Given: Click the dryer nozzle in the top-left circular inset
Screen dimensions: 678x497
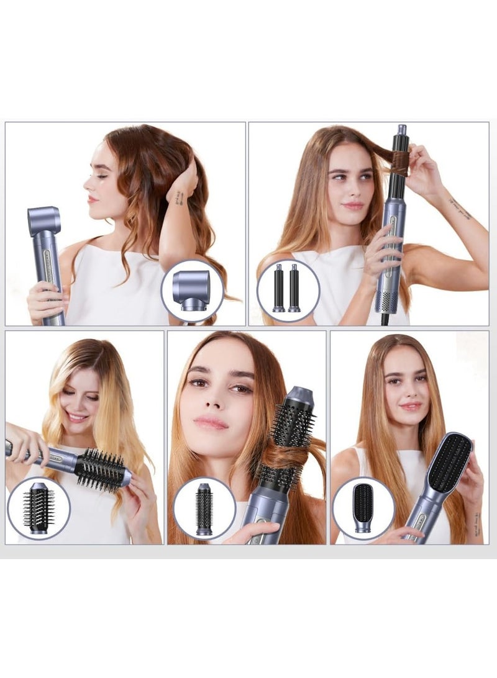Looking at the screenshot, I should coord(191,290).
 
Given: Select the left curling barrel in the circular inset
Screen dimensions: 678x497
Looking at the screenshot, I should coord(278,288).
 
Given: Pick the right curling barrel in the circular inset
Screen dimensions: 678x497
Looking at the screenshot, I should coord(294,288).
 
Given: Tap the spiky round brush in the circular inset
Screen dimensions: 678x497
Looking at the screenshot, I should coord(39,508).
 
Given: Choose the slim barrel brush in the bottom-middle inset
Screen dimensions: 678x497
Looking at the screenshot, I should coord(204,509).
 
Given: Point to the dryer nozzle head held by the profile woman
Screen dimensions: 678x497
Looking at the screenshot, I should coord(43,221).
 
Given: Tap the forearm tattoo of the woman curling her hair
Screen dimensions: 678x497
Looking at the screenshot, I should coord(460,208).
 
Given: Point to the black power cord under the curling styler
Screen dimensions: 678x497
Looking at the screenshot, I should coord(385,319).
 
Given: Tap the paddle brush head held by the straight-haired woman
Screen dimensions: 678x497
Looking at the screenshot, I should coord(449,462).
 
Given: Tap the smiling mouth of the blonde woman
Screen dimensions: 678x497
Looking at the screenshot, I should coord(78,417).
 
